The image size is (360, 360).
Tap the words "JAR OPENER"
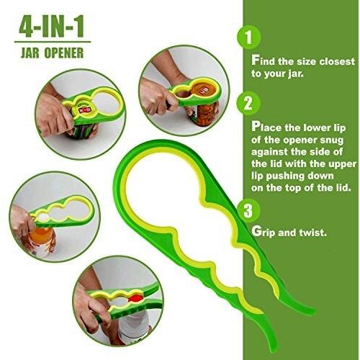click(52, 53)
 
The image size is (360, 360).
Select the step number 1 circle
click(249, 37)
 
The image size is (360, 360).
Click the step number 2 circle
click(248, 104)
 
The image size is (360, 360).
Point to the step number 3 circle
click(248, 210)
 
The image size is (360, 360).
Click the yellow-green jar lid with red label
click(84, 109)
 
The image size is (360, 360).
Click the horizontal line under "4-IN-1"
click(53, 42)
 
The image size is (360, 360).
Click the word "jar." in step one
click(296, 74)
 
